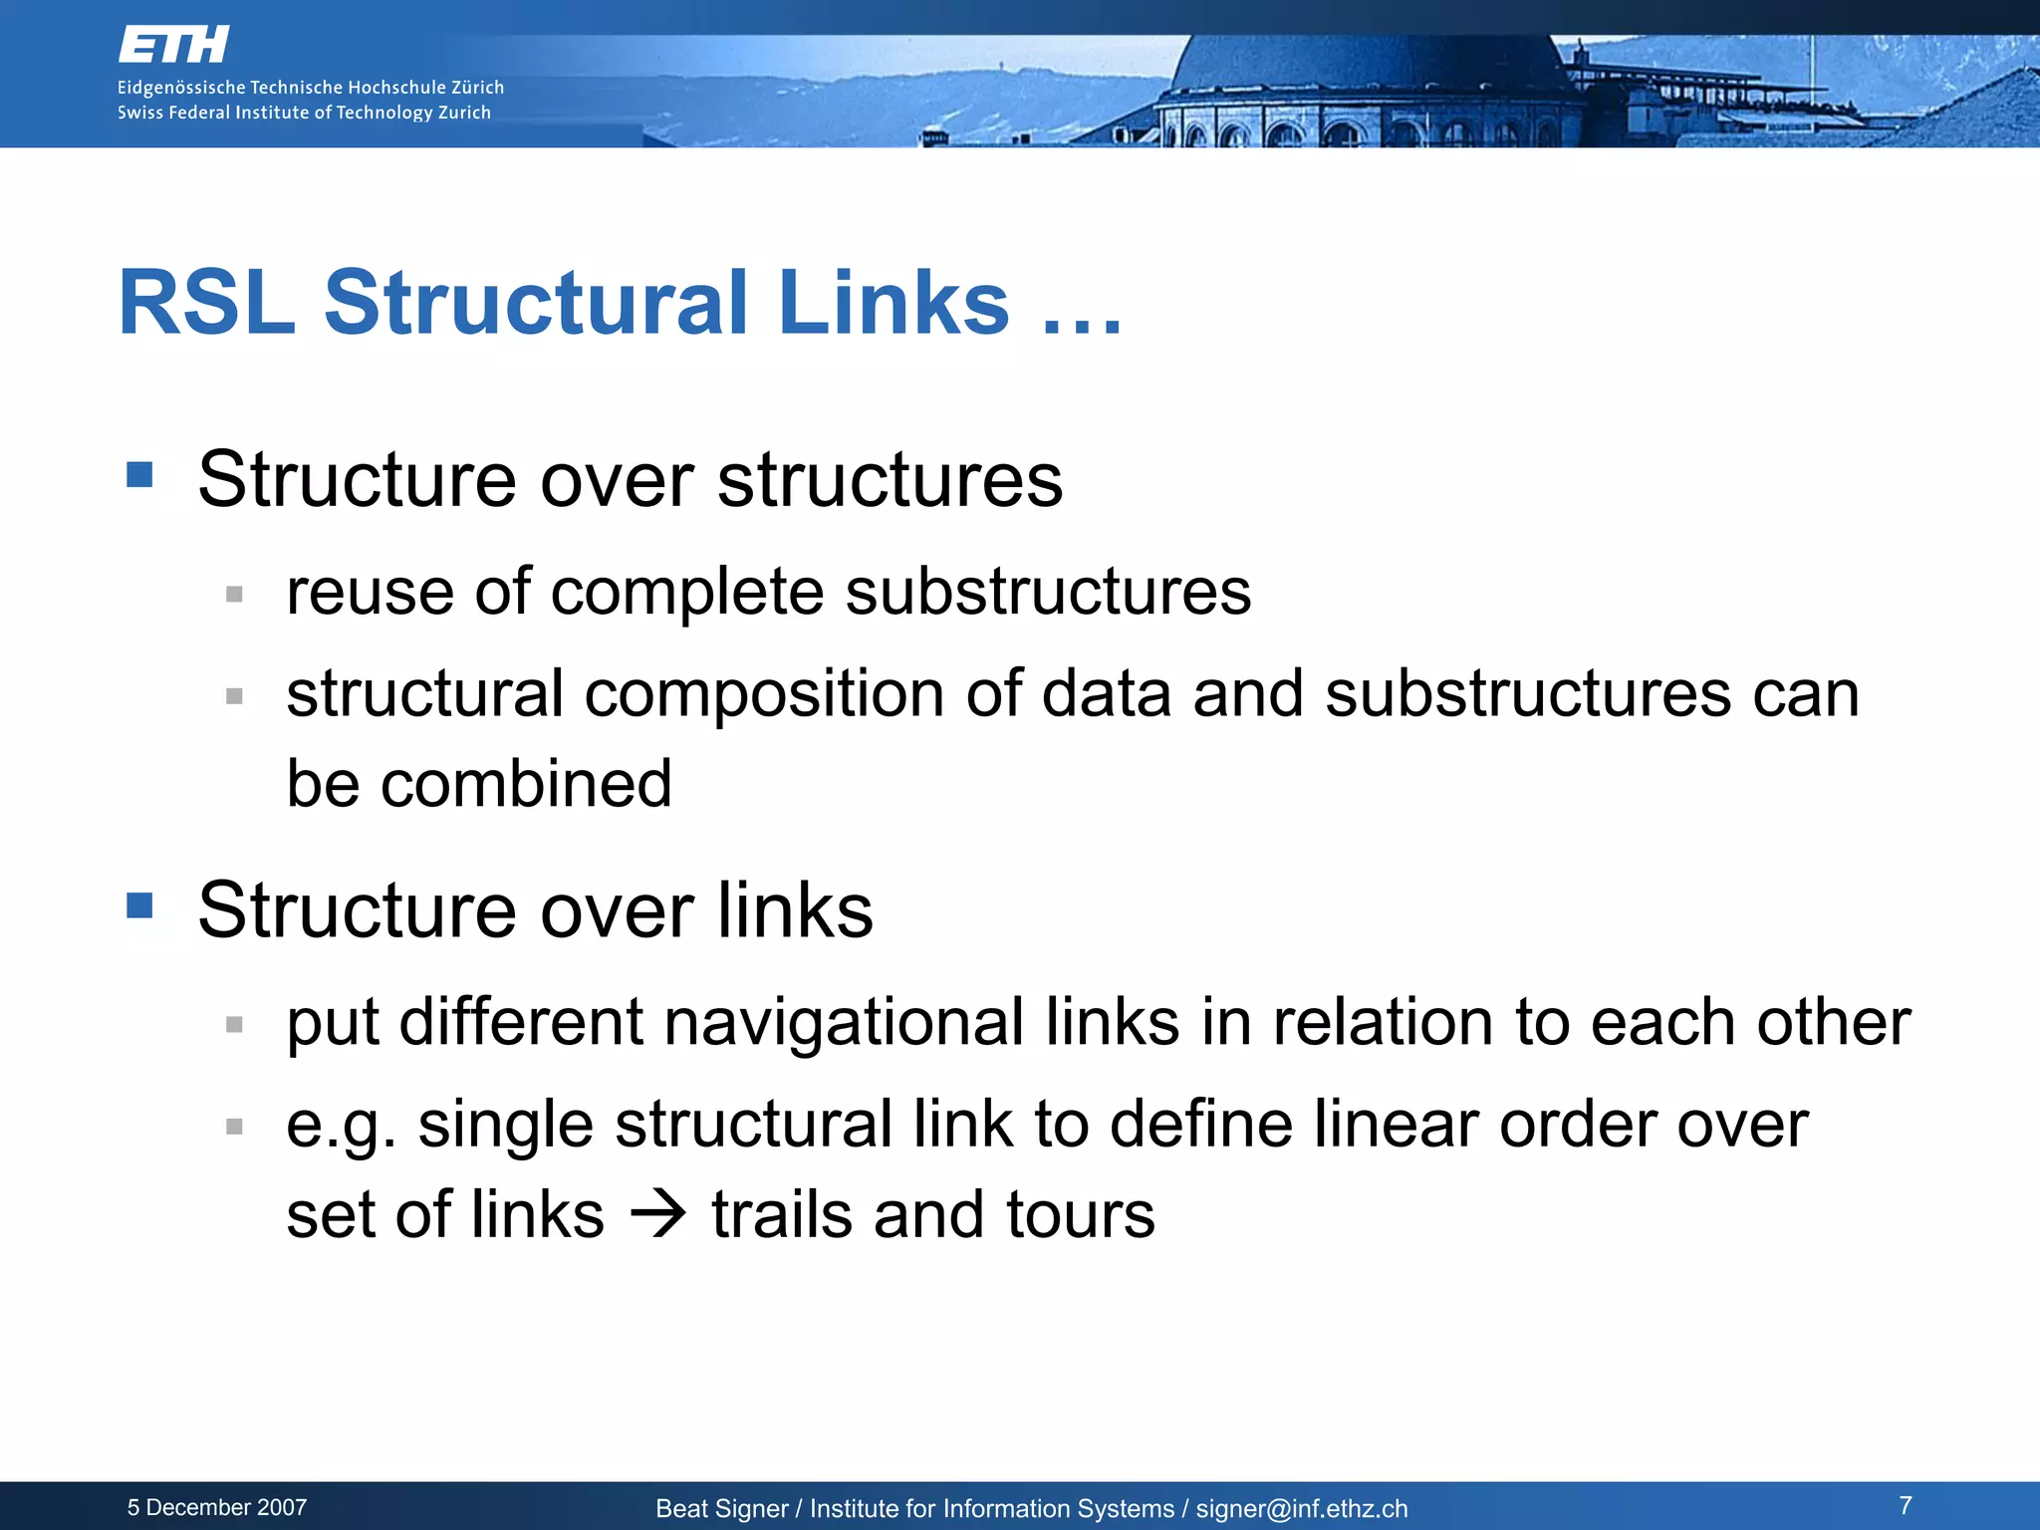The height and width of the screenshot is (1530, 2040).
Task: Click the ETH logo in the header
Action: (173, 45)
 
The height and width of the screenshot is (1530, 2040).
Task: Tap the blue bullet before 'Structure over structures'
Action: (140, 474)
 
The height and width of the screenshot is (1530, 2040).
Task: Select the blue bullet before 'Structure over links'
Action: (140, 905)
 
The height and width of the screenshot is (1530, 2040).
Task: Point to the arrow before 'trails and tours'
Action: (658, 1214)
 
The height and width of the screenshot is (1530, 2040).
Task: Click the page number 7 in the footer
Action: (1906, 1505)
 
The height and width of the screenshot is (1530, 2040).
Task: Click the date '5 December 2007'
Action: (217, 1508)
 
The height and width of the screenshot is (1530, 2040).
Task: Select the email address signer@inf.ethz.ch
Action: (1302, 1509)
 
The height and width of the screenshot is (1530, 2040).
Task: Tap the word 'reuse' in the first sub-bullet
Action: (370, 592)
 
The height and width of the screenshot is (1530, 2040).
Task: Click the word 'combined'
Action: (527, 783)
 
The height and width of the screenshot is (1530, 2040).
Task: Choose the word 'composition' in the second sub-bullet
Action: (764, 693)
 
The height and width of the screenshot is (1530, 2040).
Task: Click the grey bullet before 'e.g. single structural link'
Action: (235, 1128)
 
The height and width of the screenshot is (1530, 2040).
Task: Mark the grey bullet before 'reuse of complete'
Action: (235, 595)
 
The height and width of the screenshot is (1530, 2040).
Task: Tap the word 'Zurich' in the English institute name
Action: (464, 113)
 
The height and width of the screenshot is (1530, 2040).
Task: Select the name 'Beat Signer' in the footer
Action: (721, 1509)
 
